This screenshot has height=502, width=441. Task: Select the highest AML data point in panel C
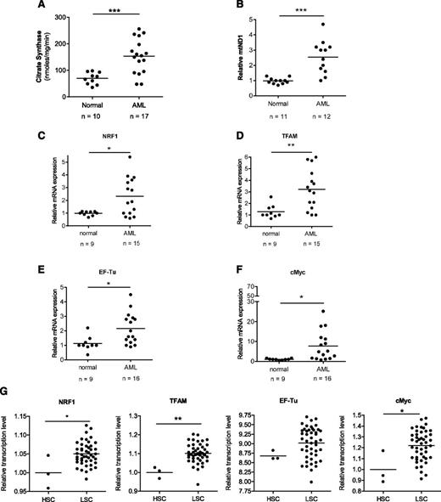130,157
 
